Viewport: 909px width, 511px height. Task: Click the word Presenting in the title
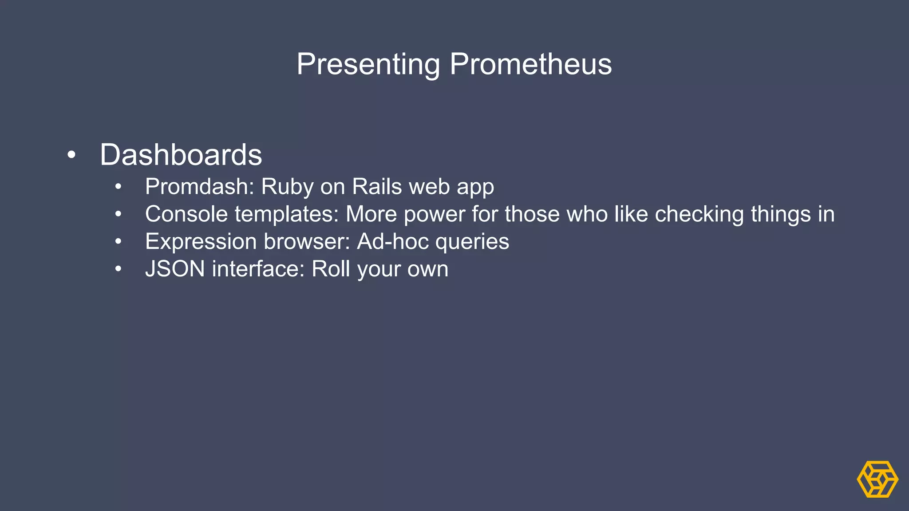(x=368, y=64)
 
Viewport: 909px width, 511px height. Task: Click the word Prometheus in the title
(x=530, y=64)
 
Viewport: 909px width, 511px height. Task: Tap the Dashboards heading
(x=181, y=155)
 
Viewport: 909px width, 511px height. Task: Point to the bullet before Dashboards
(x=71, y=156)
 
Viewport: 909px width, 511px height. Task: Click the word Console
(x=186, y=214)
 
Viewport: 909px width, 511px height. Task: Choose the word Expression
(x=201, y=242)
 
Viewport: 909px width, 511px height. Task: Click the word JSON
(x=175, y=269)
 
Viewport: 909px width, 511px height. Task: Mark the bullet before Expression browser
(x=118, y=242)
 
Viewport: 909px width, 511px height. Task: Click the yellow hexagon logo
(x=877, y=479)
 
